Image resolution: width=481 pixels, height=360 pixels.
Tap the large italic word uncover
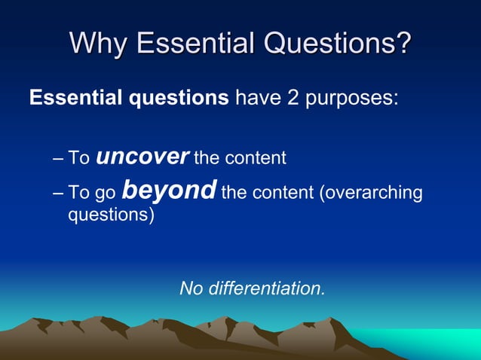coord(142,157)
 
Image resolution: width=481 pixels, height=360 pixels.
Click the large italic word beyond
coord(170,191)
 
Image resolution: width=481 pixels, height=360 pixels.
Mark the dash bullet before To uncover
coord(60,159)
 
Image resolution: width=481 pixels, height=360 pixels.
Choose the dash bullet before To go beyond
coord(60,193)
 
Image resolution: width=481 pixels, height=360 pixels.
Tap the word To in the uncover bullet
coord(79,158)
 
